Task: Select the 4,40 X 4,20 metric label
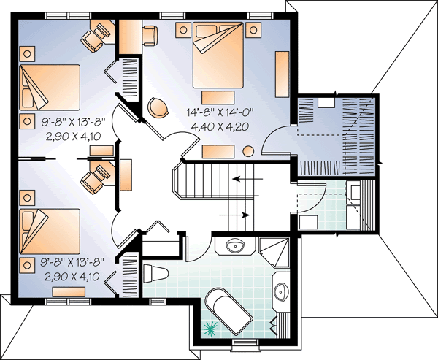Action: (x=220, y=126)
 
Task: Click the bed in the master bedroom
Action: (x=218, y=55)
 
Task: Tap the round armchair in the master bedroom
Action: (x=158, y=107)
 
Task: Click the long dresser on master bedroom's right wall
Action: (x=281, y=74)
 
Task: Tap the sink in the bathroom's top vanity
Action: (x=237, y=245)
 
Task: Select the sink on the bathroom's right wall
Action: (x=282, y=291)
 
